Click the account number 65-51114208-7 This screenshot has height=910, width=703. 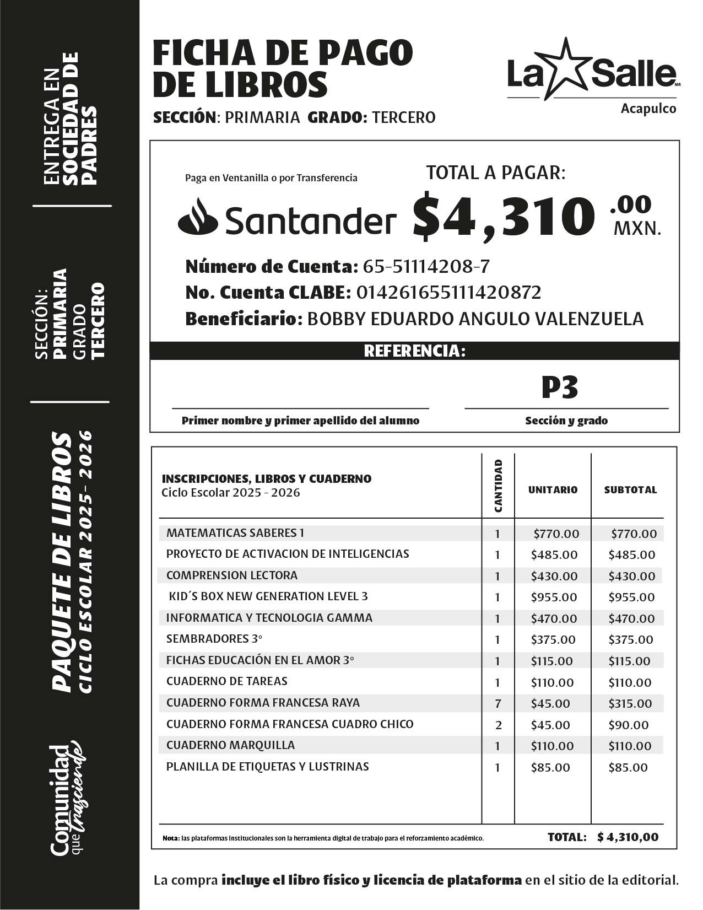[426, 267]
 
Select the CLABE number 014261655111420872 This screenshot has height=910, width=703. [448, 292]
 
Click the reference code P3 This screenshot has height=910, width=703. [559, 387]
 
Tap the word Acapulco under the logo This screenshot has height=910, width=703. [648, 109]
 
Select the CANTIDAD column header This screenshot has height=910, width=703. [498, 486]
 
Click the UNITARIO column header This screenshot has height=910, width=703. [553, 489]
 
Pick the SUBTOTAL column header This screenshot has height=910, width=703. [630, 489]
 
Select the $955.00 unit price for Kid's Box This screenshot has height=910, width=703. [554, 597]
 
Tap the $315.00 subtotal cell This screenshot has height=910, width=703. [630, 703]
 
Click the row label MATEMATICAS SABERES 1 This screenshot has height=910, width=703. [235, 533]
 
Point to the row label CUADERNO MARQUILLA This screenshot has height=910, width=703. [230, 745]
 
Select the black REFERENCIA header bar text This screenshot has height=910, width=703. [414, 351]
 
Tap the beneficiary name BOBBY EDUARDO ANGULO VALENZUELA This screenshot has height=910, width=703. [474, 319]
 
